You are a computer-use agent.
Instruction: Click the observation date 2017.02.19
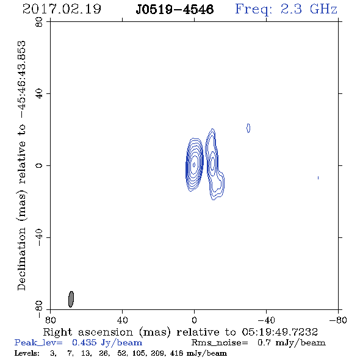[62, 9]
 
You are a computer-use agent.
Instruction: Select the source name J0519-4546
[175, 10]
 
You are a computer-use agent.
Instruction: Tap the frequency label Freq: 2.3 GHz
[286, 9]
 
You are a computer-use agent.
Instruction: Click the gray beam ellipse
[71, 299]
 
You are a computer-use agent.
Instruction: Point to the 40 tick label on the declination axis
[39, 94]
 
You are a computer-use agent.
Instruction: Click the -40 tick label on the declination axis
[39, 237]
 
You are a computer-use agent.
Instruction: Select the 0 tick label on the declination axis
[39, 165]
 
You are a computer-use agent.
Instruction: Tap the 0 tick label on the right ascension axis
[194, 320]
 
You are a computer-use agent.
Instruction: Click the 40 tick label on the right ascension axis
[122, 320]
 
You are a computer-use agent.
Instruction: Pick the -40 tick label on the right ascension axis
[266, 320]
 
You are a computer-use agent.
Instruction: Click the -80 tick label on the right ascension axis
[338, 320]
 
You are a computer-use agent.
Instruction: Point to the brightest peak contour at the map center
[194, 165]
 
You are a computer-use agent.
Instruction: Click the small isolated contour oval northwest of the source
[248, 128]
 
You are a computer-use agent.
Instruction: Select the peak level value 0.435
[84, 342]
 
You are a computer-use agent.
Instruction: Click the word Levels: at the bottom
[27, 353]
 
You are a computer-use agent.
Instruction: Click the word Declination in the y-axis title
[21, 259]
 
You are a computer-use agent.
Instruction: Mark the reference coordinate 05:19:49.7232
[280, 332]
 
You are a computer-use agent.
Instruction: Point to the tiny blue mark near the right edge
[318, 178]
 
